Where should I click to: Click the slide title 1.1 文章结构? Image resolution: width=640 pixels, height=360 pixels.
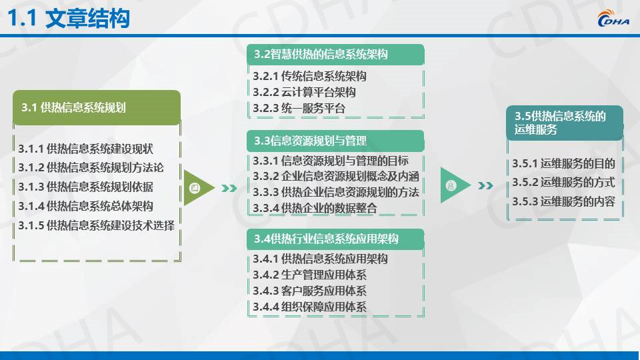tap(69, 19)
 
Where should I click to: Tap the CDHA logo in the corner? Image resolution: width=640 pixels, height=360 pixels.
tap(613, 19)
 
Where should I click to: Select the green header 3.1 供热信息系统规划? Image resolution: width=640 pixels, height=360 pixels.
tap(97, 107)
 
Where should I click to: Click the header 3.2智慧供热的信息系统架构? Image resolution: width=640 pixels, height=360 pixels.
tap(335, 54)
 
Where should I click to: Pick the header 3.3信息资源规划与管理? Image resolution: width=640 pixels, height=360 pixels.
tap(335, 141)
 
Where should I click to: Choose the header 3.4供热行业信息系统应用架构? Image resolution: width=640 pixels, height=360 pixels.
tap(335, 239)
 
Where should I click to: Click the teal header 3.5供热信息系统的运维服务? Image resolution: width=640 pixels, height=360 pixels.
tap(565, 123)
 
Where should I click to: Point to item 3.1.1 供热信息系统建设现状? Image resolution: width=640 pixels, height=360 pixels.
tap(86, 149)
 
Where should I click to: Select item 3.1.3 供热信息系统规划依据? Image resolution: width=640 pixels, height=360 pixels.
tap(86, 187)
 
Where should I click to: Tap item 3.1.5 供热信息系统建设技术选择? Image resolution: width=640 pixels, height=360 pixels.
tap(96, 225)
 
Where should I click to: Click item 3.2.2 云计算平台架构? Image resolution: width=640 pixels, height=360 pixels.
tap(304, 92)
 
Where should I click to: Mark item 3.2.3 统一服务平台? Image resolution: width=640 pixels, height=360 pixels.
tap(299, 109)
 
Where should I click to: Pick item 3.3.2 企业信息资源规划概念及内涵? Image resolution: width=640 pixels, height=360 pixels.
tap(336, 176)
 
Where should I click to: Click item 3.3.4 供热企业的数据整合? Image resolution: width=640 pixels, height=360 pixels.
tap(315, 208)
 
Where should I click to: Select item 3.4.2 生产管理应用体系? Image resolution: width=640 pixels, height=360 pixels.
tap(309, 275)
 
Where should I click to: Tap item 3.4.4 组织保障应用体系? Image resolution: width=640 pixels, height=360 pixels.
tap(309, 307)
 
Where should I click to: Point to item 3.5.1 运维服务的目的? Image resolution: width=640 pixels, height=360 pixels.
tap(564, 164)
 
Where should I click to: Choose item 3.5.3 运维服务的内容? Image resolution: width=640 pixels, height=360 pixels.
tap(564, 201)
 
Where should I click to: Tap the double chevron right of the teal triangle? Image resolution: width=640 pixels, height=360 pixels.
tap(485, 186)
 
